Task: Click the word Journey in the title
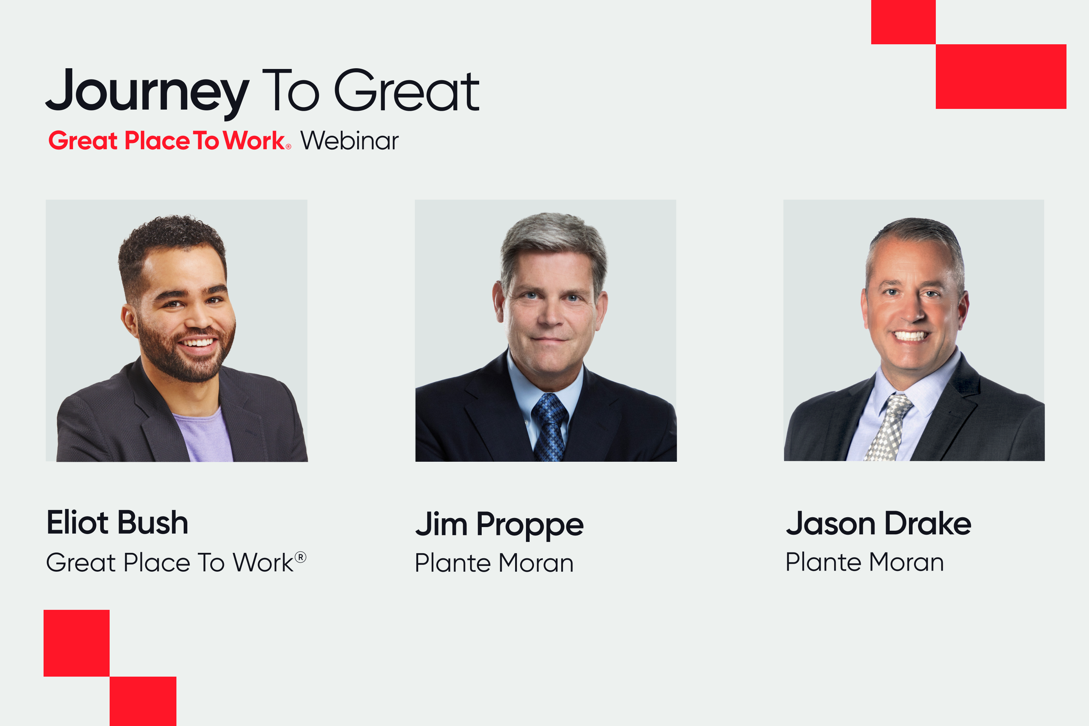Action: point(148,93)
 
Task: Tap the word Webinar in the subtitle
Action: point(350,141)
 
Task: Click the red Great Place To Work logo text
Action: point(170,141)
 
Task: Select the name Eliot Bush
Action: point(118,522)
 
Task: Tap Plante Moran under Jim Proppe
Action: point(494,563)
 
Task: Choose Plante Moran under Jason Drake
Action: point(864,562)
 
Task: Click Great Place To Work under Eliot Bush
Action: point(176,563)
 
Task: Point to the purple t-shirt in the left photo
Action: point(204,435)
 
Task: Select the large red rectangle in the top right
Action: point(1001,76)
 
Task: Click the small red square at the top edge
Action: point(904,22)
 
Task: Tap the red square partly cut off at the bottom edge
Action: point(143,701)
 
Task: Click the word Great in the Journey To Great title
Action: point(407,91)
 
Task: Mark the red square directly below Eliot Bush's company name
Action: point(76,643)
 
